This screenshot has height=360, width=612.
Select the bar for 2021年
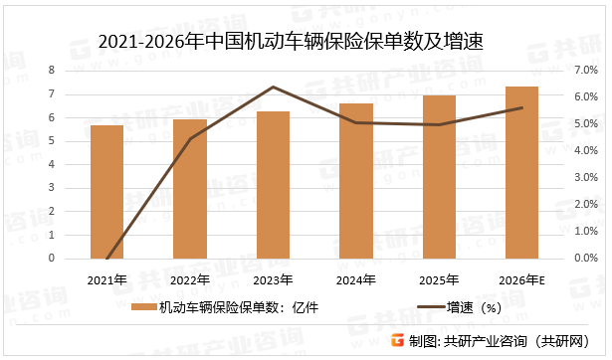click(106, 191)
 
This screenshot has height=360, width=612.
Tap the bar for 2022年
click(190, 188)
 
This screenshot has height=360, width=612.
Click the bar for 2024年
click(356, 180)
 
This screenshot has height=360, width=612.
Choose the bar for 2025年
click(439, 176)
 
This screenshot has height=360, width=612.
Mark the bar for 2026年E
click(522, 172)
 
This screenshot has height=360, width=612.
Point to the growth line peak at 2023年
click(273, 88)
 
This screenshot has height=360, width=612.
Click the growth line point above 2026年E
click(522, 108)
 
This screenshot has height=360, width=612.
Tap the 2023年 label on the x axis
click(273, 279)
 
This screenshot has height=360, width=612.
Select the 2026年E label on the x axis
click(522, 279)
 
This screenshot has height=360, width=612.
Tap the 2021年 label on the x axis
click(106, 279)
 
